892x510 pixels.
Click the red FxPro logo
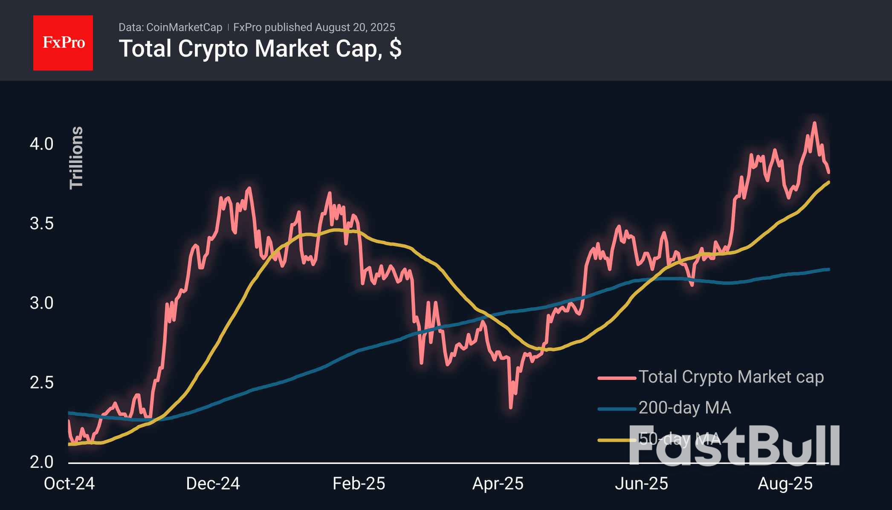pyautogui.click(x=63, y=43)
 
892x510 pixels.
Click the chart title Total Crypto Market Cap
pyautogui.click(x=260, y=49)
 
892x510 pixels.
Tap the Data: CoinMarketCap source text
pyautogui.click(x=170, y=27)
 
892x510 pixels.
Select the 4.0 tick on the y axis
pyautogui.click(x=41, y=144)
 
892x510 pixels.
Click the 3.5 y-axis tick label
pyautogui.click(x=41, y=223)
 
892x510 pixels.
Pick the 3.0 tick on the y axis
pyautogui.click(x=41, y=303)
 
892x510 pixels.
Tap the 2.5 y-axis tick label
pyautogui.click(x=41, y=382)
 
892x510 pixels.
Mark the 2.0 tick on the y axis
pyautogui.click(x=41, y=462)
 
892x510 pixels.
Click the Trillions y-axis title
pyautogui.click(x=76, y=157)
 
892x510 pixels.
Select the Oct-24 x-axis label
pyautogui.click(x=69, y=484)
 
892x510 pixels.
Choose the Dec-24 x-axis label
pyautogui.click(x=213, y=484)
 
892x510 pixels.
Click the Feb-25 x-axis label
pyautogui.click(x=359, y=484)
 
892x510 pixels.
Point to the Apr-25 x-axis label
pyautogui.click(x=498, y=484)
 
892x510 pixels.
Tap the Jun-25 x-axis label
pyautogui.click(x=641, y=484)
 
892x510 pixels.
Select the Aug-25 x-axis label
pyautogui.click(x=785, y=484)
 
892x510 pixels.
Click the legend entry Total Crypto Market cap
pyautogui.click(x=730, y=377)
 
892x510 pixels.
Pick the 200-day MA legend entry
pyautogui.click(x=684, y=408)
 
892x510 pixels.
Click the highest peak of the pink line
pyautogui.click(x=814, y=123)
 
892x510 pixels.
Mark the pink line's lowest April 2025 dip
pyautogui.click(x=511, y=407)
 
